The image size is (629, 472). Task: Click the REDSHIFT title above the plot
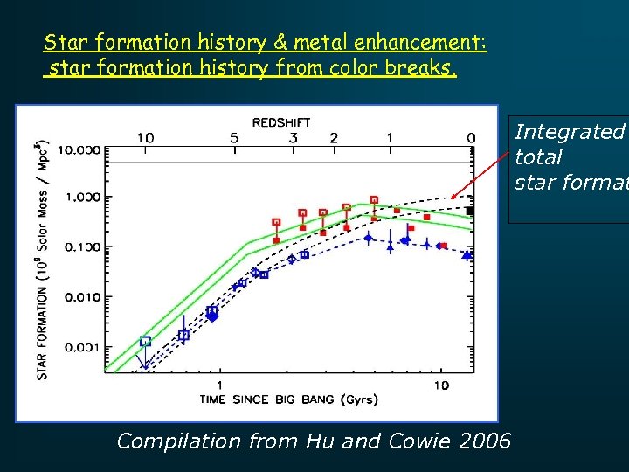tap(280, 121)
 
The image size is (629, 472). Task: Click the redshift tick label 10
tap(145, 138)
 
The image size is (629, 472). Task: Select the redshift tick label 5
tap(234, 138)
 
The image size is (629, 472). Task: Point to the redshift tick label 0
tap(471, 138)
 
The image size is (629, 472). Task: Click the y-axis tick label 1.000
tap(84, 198)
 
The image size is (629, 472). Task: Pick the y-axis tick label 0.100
tap(84, 248)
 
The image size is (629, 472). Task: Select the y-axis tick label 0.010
tap(84, 298)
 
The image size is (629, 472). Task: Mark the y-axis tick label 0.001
tap(84, 348)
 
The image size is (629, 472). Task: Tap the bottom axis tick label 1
tap(218, 385)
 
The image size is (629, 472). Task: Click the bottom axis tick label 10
tap(441, 385)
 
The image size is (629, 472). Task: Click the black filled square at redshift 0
tap(470, 211)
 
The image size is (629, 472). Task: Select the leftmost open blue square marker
tap(146, 341)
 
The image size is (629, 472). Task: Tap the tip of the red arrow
tap(453, 198)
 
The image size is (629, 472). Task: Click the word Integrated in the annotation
tap(570, 132)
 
